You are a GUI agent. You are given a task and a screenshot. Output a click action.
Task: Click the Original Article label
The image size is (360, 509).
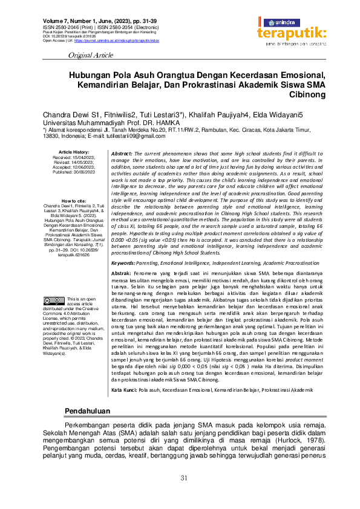(x=91, y=55)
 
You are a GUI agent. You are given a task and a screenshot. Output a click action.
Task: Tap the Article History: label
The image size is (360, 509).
(x=74, y=152)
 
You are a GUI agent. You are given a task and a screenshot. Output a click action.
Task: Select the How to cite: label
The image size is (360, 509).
(x=74, y=201)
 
